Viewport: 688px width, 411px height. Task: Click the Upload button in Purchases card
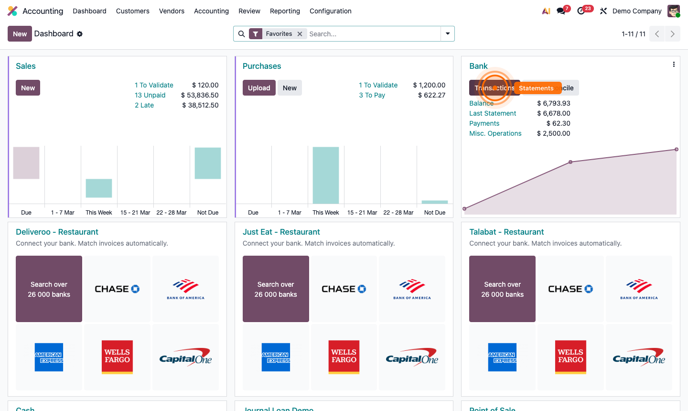pyautogui.click(x=259, y=88)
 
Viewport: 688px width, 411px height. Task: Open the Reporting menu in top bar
pyautogui.click(x=285, y=11)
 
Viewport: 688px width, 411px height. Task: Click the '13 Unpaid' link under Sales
pyautogui.click(x=150, y=95)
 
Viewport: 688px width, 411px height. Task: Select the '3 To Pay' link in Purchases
pyautogui.click(x=372, y=95)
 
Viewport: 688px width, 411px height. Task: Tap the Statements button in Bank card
pyautogui.click(x=537, y=88)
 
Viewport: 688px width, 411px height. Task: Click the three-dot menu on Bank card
pyautogui.click(x=674, y=65)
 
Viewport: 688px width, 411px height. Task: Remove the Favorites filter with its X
pyautogui.click(x=300, y=34)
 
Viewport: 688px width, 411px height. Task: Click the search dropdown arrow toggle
pyautogui.click(x=448, y=34)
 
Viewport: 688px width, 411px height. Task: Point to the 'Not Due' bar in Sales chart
pyautogui.click(x=208, y=163)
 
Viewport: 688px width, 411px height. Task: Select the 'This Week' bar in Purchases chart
pyautogui.click(x=326, y=175)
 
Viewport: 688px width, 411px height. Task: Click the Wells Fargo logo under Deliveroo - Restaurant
pyautogui.click(x=117, y=357)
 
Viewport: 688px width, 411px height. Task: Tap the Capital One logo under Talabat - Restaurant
pyautogui.click(x=639, y=357)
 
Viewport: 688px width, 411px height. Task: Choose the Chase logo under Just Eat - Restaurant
pyautogui.click(x=344, y=289)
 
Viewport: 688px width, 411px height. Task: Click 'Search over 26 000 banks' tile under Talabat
pyautogui.click(x=502, y=289)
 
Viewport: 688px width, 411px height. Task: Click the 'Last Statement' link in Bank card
pyautogui.click(x=493, y=113)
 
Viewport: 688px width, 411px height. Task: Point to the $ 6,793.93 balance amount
pyautogui.click(x=553, y=103)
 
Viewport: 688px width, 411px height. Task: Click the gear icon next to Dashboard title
pyautogui.click(x=80, y=34)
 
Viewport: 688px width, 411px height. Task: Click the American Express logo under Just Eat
pyautogui.click(x=276, y=357)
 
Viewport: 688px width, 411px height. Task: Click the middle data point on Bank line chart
pyautogui.click(x=570, y=162)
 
